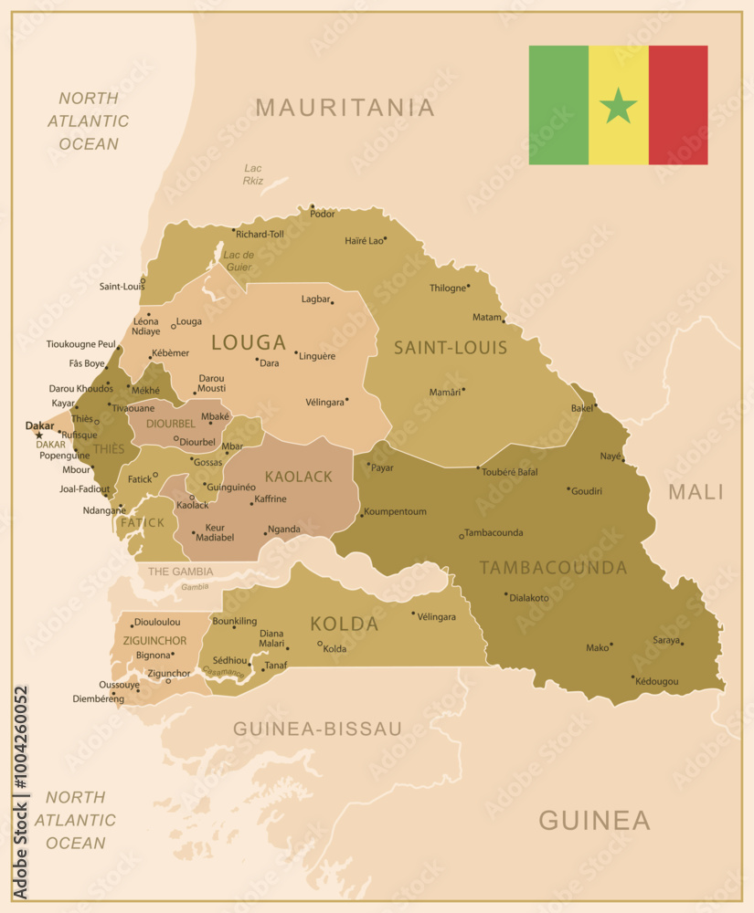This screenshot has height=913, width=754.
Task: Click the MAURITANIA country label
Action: pyautogui.click(x=345, y=108)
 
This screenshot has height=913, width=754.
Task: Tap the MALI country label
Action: pyautogui.click(x=696, y=492)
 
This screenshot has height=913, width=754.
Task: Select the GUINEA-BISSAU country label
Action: pyautogui.click(x=317, y=729)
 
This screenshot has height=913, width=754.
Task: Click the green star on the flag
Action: pyautogui.click(x=619, y=106)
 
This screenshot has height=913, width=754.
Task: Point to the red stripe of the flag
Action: pyautogui.click(x=678, y=105)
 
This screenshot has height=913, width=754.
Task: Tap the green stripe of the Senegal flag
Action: pyautogui.click(x=558, y=105)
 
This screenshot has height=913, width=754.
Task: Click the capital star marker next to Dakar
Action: pyautogui.click(x=38, y=435)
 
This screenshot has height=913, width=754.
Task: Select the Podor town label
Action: pyautogui.click(x=323, y=214)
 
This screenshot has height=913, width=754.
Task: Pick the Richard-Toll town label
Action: pyautogui.click(x=260, y=234)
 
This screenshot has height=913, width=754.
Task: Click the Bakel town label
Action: pyautogui.click(x=581, y=408)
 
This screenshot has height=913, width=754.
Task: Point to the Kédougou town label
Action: pyautogui.click(x=657, y=682)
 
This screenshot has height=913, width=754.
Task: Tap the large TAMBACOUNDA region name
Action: pyautogui.click(x=553, y=568)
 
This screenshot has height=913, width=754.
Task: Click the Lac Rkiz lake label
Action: pyautogui.click(x=253, y=174)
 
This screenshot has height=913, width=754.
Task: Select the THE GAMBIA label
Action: pyautogui.click(x=180, y=572)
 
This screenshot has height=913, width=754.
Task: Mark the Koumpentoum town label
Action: pyautogui.click(x=396, y=511)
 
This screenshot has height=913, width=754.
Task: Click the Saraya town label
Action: pyautogui.click(x=666, y=640)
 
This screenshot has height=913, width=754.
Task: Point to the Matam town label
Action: pyautogui.click(x=487, y=317)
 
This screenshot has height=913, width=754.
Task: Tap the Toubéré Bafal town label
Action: pyautogui.click(x=510, y=472)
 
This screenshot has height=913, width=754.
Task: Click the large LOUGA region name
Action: pyautogui.click(x=249, y=342)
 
